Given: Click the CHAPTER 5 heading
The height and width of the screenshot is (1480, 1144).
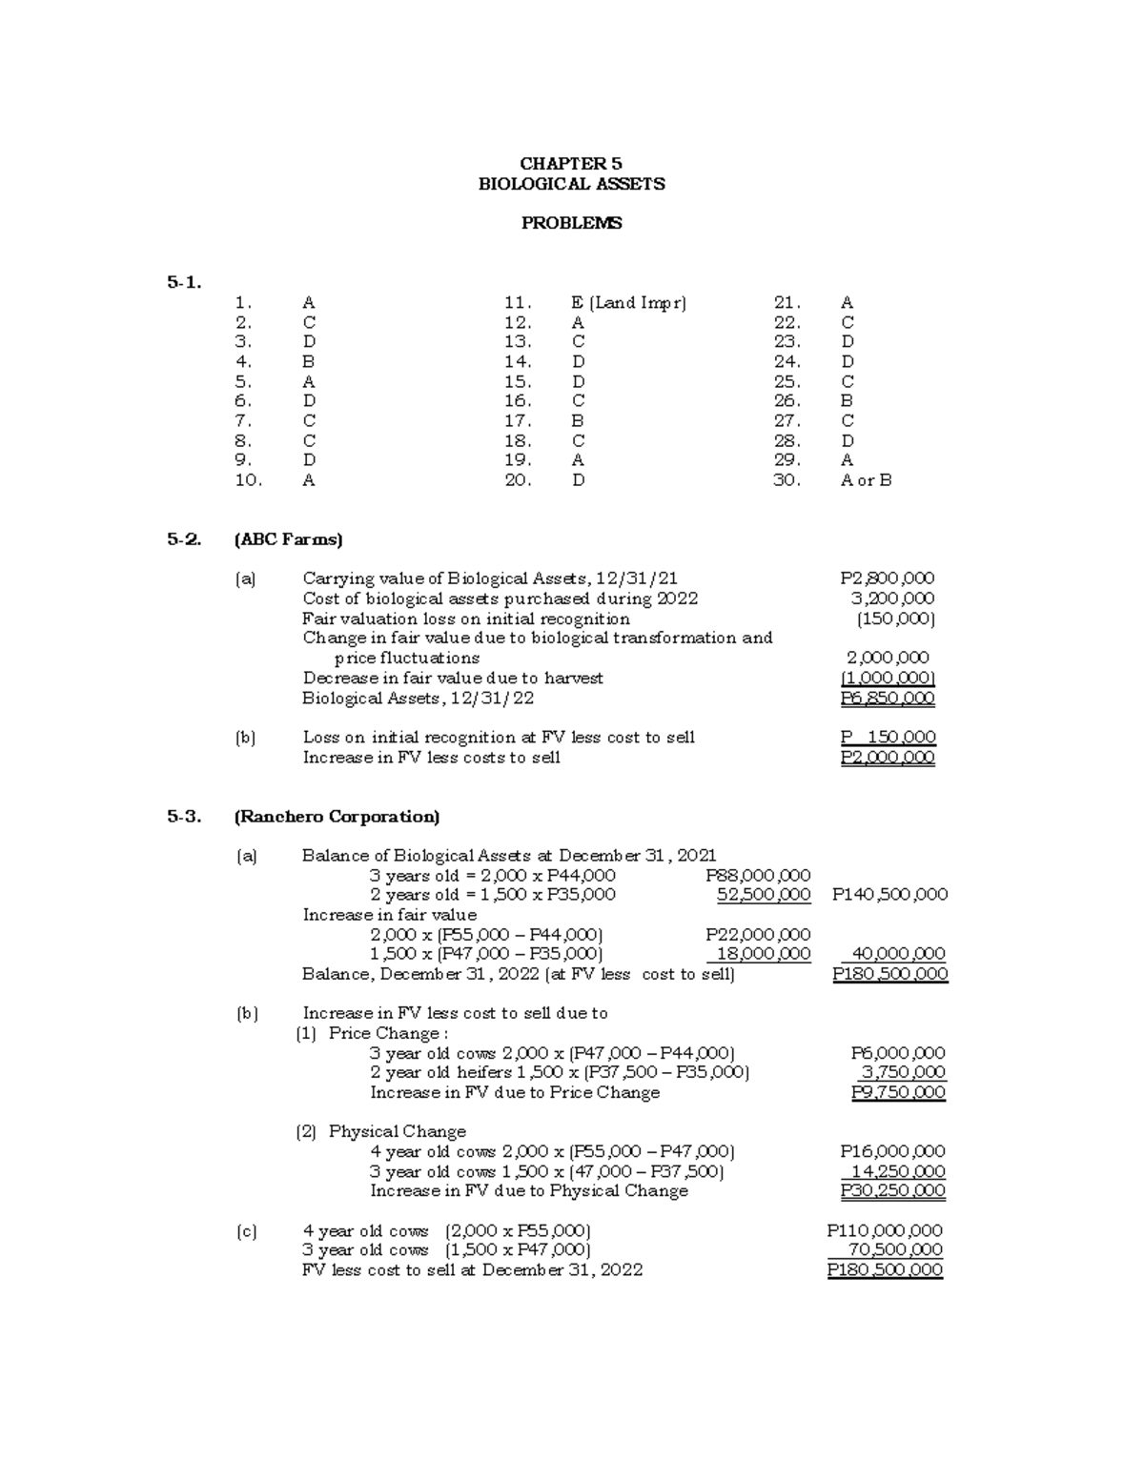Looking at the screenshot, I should tap(571, 164).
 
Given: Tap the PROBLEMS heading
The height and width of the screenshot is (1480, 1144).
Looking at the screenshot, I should tap(571, 223).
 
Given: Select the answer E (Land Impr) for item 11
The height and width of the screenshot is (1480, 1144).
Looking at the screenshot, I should tap(628, 303).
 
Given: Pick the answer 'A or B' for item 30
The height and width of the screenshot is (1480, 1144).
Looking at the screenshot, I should tap(866, 480).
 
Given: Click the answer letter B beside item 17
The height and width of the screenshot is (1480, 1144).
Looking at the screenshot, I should tap(577, 421).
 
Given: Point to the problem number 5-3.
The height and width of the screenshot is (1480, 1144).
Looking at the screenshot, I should tap(184, 817).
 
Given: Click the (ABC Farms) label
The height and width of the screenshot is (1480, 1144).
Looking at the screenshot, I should tap(288, 539).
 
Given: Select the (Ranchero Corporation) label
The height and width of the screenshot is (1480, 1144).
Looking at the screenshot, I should tap(337, 817).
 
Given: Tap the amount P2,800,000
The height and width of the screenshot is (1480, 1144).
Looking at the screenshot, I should tap(887, 578).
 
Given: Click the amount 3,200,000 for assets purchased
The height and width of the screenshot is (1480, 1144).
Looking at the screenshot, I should tap(892, 598).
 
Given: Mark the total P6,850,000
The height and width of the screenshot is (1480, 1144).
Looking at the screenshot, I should tap(887, 698).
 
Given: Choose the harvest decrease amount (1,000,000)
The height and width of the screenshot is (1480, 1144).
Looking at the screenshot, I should tap(887, 678).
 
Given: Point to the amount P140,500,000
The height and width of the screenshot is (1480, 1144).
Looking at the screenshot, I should tap(889, 895).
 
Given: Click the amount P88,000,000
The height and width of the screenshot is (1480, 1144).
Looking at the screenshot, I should tap(758, 875).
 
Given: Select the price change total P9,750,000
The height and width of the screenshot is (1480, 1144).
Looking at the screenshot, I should tap(897, 1092).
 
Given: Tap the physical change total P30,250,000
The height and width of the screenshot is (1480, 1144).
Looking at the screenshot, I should tap(892, 1191).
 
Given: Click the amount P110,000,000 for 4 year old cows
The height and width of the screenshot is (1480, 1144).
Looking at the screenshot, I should tap(884, 1230).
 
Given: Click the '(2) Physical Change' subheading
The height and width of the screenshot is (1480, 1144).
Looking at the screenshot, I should tap(381, 1131).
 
